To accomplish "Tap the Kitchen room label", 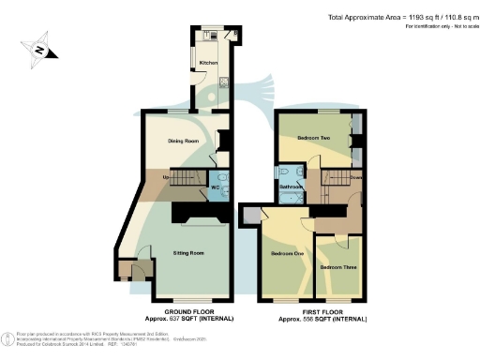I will [x=208, y=63].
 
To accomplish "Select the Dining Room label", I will [x=184, y=142].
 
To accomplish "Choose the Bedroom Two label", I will [x=313, y=138].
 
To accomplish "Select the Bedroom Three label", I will [x=337, y=266].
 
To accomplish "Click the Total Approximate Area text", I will [x=402, y=17].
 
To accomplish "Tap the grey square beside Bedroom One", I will [x=249, y=216].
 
